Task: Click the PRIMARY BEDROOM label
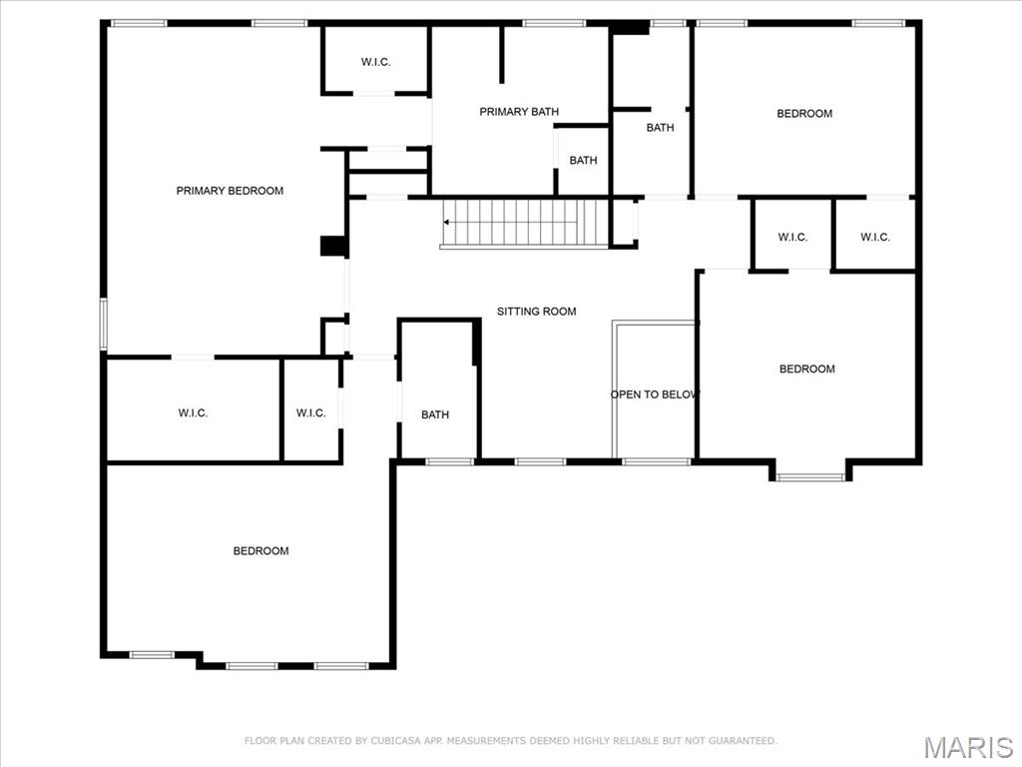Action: (230, 191)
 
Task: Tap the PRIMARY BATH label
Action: (519, 112)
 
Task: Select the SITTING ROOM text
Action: (537, 312)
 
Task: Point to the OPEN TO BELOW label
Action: (655, 394)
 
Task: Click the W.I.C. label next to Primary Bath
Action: (375, 63)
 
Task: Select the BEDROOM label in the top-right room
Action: (804, 114)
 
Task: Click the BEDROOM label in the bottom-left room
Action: (260, 551)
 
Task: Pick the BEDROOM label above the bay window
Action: (806, 370)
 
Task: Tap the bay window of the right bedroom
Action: (810, 476)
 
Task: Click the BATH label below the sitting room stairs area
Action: (435, 415)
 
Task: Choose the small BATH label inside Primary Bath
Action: (583, 161)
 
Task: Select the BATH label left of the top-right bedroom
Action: (660, 128)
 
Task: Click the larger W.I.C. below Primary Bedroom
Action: (193, 413)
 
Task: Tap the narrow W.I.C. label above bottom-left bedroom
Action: (310, 413)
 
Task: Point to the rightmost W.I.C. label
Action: (874, 238)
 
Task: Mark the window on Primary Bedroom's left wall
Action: (104, 325)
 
